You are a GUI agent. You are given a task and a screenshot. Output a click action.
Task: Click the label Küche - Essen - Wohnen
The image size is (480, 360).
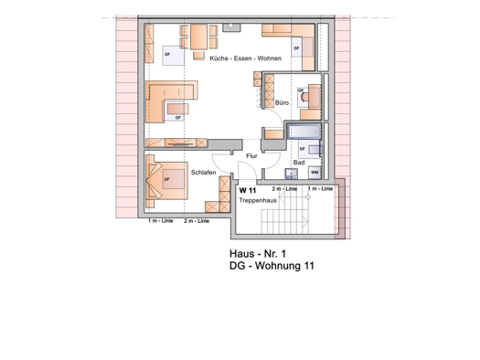tap(244, 58)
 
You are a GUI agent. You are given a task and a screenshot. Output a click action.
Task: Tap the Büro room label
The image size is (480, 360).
tap(282, 104)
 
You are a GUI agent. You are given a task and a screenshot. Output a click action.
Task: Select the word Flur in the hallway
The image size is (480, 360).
tap(252, 156)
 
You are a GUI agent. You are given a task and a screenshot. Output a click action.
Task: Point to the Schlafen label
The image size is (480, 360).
tap(203, 172)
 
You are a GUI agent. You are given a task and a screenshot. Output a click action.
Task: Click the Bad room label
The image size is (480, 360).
tap(298, 163)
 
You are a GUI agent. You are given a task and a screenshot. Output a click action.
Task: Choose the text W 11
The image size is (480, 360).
tap(248, 189)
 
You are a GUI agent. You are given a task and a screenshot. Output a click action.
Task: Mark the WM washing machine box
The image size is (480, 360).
tap(315, 172)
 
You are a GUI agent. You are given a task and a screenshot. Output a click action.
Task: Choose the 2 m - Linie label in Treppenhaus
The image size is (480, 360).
tap(285, 188)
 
